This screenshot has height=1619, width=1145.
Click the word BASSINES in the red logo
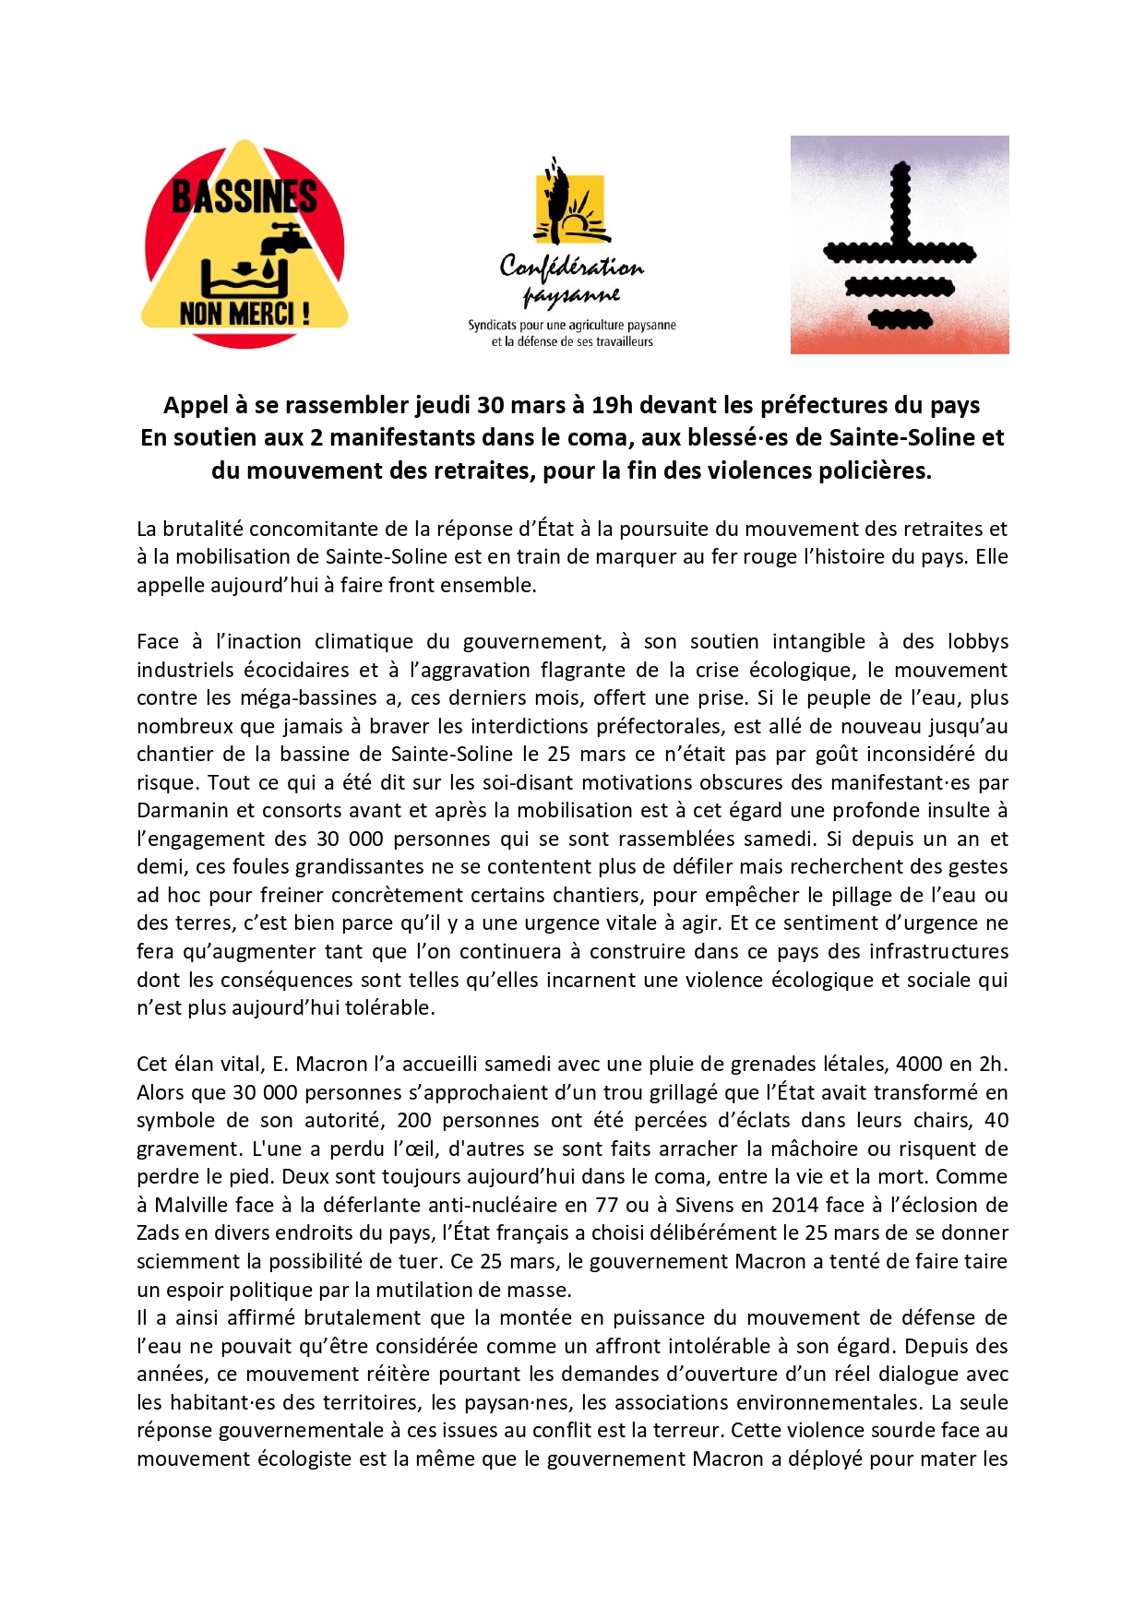click(244, 196)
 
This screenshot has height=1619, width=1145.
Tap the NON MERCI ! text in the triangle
click(245, 314)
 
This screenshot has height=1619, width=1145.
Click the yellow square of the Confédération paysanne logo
click(570, 208)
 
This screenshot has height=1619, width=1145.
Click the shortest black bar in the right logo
click(900, 321)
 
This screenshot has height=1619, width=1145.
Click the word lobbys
click(980, 642)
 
